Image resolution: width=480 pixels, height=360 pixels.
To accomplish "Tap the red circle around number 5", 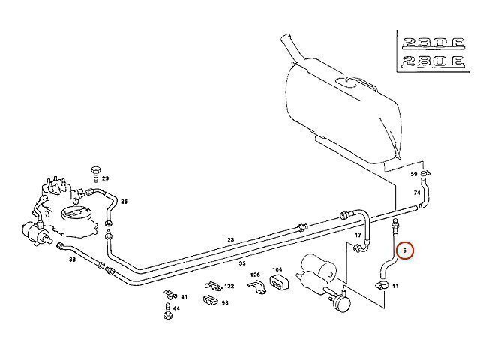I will [406, 249].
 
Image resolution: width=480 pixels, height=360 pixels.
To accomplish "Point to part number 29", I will [106, 178].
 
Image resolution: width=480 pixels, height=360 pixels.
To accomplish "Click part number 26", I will [124, 201].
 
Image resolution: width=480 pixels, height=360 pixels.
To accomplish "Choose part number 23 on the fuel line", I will [231, 239].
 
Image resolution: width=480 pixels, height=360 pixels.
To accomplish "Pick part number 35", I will [241, 264].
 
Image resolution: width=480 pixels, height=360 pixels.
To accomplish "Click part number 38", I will [72, 259].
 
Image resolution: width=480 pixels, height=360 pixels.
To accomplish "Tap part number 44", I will [176, 308].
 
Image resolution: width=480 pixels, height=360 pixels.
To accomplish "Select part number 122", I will [229, 286].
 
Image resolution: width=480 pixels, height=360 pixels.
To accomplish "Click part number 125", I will [255, 274].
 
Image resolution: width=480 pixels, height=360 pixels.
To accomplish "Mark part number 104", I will [277, 270].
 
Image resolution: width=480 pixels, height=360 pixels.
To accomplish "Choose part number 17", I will [358, 235].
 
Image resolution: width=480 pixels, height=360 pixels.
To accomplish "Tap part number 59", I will [413, 174].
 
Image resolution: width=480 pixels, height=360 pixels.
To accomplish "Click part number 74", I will [417, 193].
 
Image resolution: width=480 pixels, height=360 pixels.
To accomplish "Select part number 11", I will [395, 286].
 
